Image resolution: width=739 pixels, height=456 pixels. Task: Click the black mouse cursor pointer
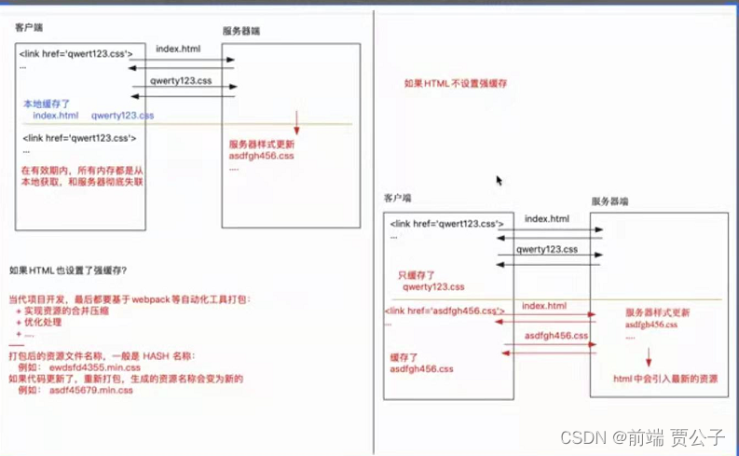[x=499, y=180]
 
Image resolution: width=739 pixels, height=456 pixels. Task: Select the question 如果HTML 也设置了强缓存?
[x=67, y=271]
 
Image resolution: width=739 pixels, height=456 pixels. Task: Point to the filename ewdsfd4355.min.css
[x=91, y=367]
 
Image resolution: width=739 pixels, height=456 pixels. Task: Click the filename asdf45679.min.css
[x=91, y=391]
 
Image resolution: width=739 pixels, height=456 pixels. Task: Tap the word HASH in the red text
[x=155, y=356]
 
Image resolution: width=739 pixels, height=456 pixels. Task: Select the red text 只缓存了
[x=415, y=276]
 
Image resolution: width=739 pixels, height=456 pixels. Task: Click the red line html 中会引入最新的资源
[x=664, y=378]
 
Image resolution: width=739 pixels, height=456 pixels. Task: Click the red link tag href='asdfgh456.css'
[x=445, y=311]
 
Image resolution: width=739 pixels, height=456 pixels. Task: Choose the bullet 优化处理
[x=48, y=322]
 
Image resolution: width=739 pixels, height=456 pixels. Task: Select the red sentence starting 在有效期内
[x=82, y=176]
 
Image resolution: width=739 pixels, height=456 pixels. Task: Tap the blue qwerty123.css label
[x=122, y=115]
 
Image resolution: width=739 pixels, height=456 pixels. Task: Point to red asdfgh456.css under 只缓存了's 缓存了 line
[x=421, y=369]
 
